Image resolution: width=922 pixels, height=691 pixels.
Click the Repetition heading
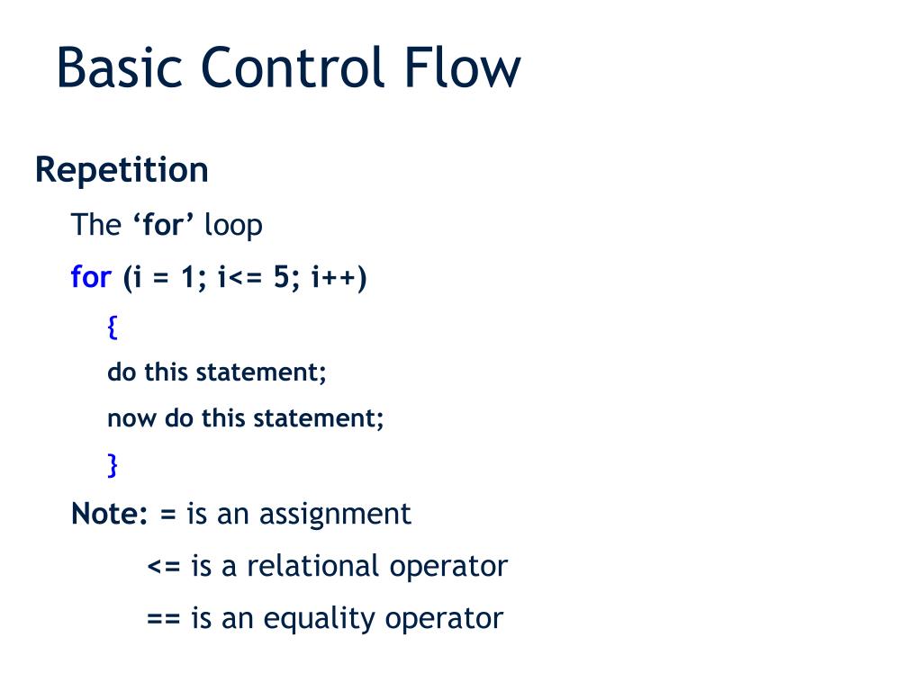[122, 170]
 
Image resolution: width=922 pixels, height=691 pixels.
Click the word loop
[233, 226]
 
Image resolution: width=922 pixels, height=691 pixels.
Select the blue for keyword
[90, 277]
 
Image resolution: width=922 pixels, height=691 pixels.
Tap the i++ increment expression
[335, 278]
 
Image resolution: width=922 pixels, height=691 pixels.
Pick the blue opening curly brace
[113, 328]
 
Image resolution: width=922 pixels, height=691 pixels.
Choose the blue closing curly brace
[113, 464]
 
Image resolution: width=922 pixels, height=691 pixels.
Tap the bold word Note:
[110, 514]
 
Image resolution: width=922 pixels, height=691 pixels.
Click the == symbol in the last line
[165, 620]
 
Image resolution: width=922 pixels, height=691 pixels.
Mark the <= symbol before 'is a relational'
[165, 567]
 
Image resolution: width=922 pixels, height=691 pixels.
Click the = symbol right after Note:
[168, 515]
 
